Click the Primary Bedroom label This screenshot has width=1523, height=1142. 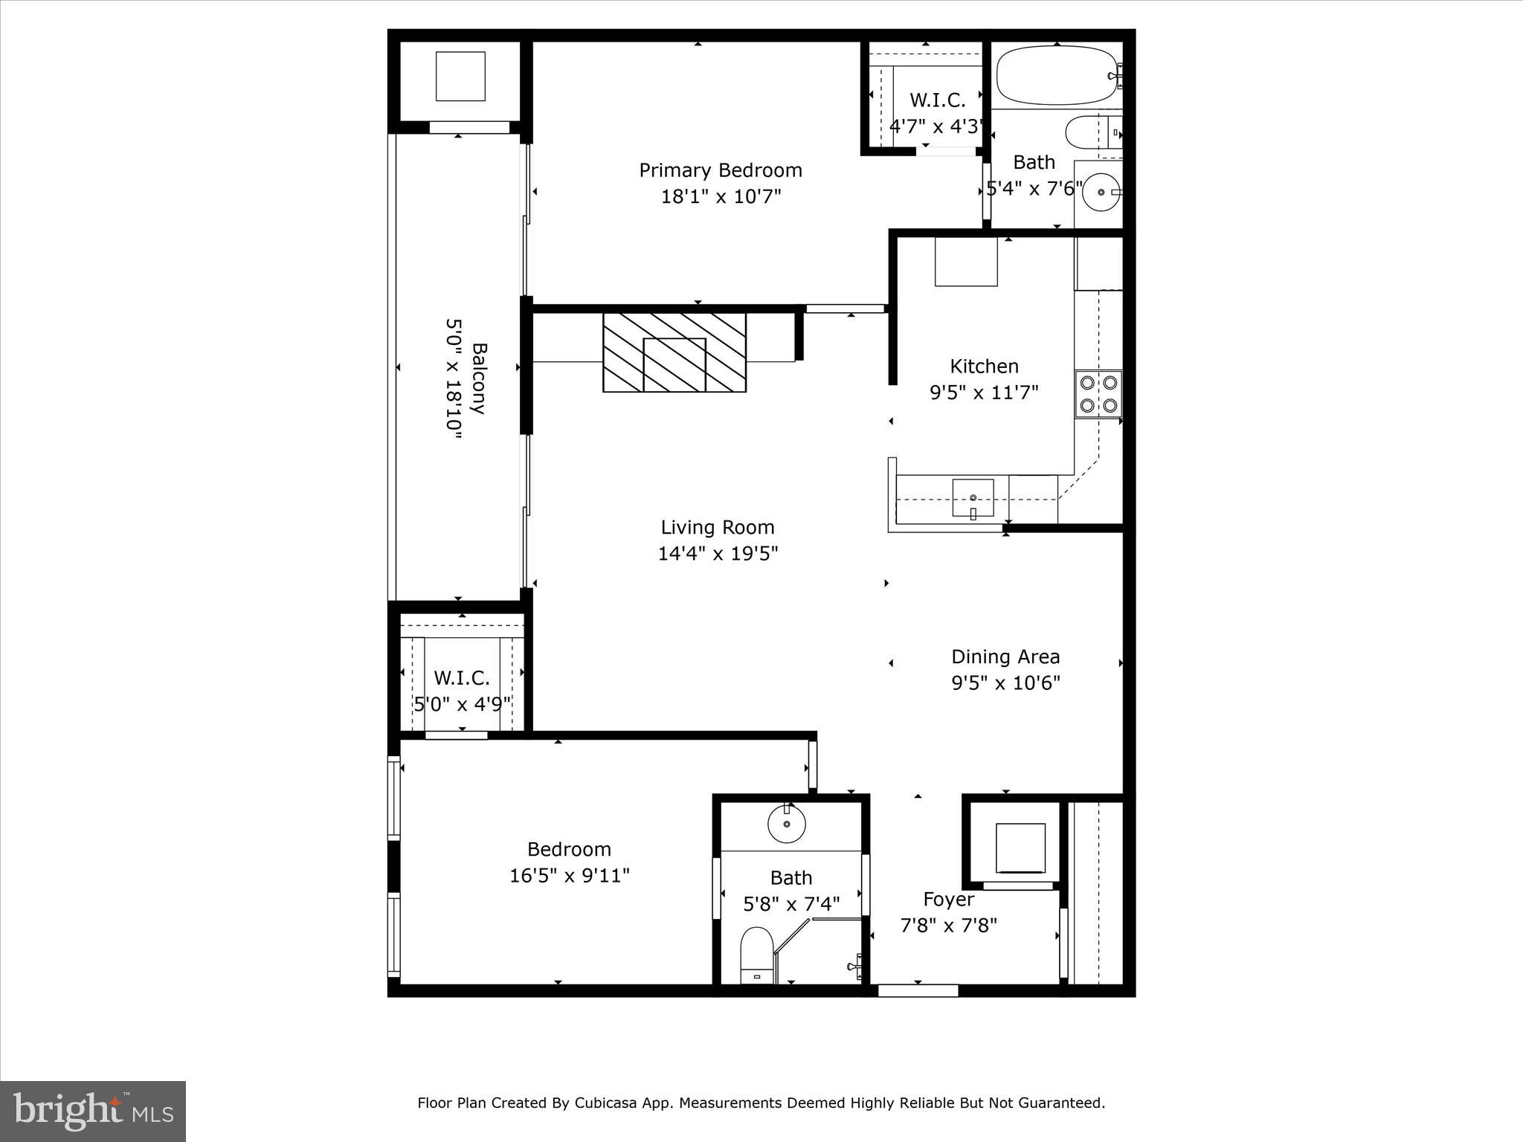point(720,170)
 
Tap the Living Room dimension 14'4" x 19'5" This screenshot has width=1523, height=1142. point(718,554)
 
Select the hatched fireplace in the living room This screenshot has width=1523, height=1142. point(674,352)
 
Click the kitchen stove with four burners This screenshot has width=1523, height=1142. point(1098,394)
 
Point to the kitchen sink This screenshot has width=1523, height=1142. point(973,498)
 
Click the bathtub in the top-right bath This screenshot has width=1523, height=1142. point(1056,75)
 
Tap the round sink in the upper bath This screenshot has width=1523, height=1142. point(1101,193)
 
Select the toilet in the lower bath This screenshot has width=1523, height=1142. point(757,955)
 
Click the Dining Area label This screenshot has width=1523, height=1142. point(1005,657)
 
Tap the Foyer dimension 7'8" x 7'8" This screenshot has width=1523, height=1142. point(948,926)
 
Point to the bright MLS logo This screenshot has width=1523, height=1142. point(93,1111)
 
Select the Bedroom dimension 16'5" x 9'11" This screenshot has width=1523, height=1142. point(569,876)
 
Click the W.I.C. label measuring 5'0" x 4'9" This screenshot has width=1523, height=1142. point(461,678)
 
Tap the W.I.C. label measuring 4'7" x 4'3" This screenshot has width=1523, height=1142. point(937,100)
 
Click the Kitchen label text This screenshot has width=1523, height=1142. point(984,366)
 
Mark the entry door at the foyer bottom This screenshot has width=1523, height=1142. point(918,990)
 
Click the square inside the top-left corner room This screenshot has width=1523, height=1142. point(460,76)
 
